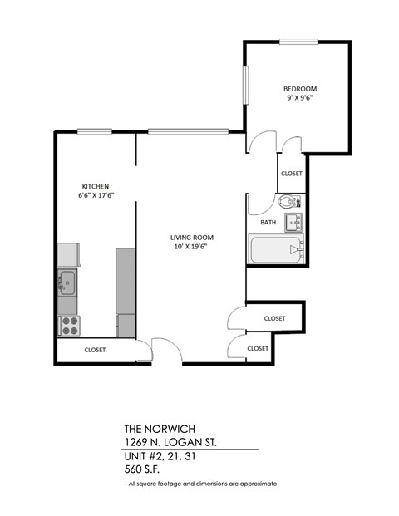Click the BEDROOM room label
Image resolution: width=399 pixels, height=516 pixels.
tap(299, 89)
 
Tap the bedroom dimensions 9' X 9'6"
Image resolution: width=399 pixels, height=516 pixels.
tap(299, 98)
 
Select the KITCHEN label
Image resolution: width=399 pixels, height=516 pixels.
tap(95, 185)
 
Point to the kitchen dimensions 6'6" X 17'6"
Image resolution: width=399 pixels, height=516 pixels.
tap(96, 195)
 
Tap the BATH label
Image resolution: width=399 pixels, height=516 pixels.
tap(268, 223)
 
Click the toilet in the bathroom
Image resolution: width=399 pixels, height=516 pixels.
tap(286, 202)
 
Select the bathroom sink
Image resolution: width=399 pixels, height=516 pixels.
tap(293, 222)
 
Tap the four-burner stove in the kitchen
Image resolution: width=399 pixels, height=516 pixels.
tap(68, 325)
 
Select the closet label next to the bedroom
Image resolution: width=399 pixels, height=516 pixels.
tap(292, 174)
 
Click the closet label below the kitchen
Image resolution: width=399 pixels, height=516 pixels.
tap(96, 350)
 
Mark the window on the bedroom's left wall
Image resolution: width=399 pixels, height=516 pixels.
tap(244, 88)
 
